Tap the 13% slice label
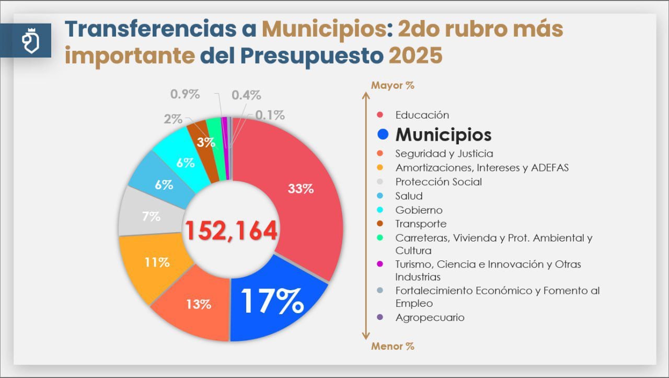tap(198, 304)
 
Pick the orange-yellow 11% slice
tap(157, 262)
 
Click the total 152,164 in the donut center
tap(231, 231)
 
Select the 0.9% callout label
tap(185, 95)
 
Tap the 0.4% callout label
tap(246, 95)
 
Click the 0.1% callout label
tap(270, 115)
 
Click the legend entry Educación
tap(422, 115)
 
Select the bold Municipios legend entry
tap(443, 134)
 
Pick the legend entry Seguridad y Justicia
tap(444, 154)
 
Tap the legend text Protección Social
tap(439, 182)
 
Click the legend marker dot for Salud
tap(380, 196)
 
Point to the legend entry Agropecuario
tap(430, 317)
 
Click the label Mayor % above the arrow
tap(393, 85)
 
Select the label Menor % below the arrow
tap(393, 346)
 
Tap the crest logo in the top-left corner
tap(29, 41)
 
